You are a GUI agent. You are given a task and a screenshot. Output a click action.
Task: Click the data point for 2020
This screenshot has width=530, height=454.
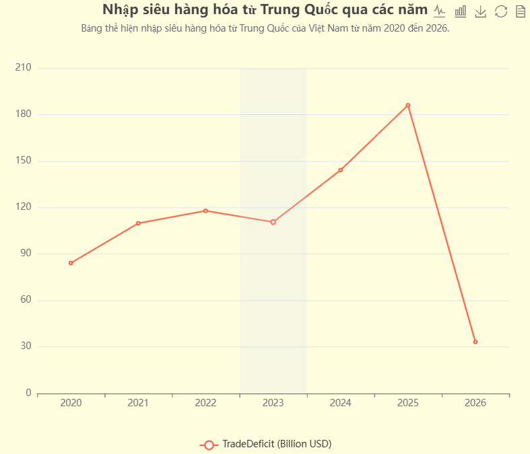pos(71,263)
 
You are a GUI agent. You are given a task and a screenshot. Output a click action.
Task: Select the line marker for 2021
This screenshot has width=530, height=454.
pos(138,223)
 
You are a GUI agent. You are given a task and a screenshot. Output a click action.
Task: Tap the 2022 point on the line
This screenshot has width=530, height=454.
pos(205,211)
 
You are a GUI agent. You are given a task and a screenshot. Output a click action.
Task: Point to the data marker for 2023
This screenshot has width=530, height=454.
pos(273,222)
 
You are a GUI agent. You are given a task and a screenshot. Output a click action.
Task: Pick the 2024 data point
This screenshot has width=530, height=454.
pos(340,170)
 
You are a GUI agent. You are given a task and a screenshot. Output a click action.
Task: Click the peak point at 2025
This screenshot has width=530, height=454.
pos(407,105)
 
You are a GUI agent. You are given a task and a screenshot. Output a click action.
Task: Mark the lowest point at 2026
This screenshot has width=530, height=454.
pos(475,342)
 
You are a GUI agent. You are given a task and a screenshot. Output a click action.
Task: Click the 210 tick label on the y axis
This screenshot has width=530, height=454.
pos(24,68)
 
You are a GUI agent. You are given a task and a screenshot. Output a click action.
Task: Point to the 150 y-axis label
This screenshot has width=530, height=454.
pos(24,161)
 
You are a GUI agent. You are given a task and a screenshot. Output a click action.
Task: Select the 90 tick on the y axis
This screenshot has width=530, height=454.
pos(26,254)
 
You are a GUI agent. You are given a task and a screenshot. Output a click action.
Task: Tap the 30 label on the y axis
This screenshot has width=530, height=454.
pos(26,346)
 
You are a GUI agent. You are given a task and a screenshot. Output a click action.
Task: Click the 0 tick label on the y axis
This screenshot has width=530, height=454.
pos(28,393)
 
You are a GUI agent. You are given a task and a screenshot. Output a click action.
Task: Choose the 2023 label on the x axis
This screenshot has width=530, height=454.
pos(273,403)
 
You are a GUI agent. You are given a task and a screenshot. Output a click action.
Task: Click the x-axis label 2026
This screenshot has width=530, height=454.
pos(475,403)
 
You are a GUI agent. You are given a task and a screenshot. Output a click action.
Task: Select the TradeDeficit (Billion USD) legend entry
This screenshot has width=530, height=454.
pos(266,444)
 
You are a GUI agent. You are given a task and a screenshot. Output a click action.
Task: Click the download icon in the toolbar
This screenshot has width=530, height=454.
pos(480,11)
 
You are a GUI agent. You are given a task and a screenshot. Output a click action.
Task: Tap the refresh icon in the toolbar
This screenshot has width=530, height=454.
pos(500,11)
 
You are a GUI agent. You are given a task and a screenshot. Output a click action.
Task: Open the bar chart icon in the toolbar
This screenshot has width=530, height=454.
pos(460,11)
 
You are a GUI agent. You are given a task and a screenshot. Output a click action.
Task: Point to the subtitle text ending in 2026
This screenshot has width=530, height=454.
pos(265,29)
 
